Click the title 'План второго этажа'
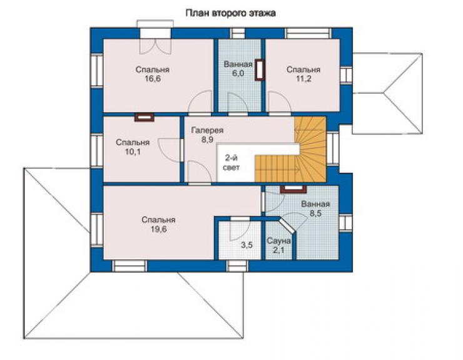pos(231,13)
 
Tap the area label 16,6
pos(153,79)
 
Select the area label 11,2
pos(303,79)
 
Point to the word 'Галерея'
pos(207,130)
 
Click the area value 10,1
pos(133,152)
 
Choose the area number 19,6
pos(158,229)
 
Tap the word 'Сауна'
pos(279,241)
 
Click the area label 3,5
pos(247,245)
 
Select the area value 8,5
pos(315,213)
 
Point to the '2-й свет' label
pos(232,163)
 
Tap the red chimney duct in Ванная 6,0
pos(260,70)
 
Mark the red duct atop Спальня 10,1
pos(145,117)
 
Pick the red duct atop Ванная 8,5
pos(293,189)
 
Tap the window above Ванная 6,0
pos(238,33)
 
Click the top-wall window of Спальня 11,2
pos(308,33)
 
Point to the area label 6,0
pos(238,73)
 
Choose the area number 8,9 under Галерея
pos(207,140)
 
